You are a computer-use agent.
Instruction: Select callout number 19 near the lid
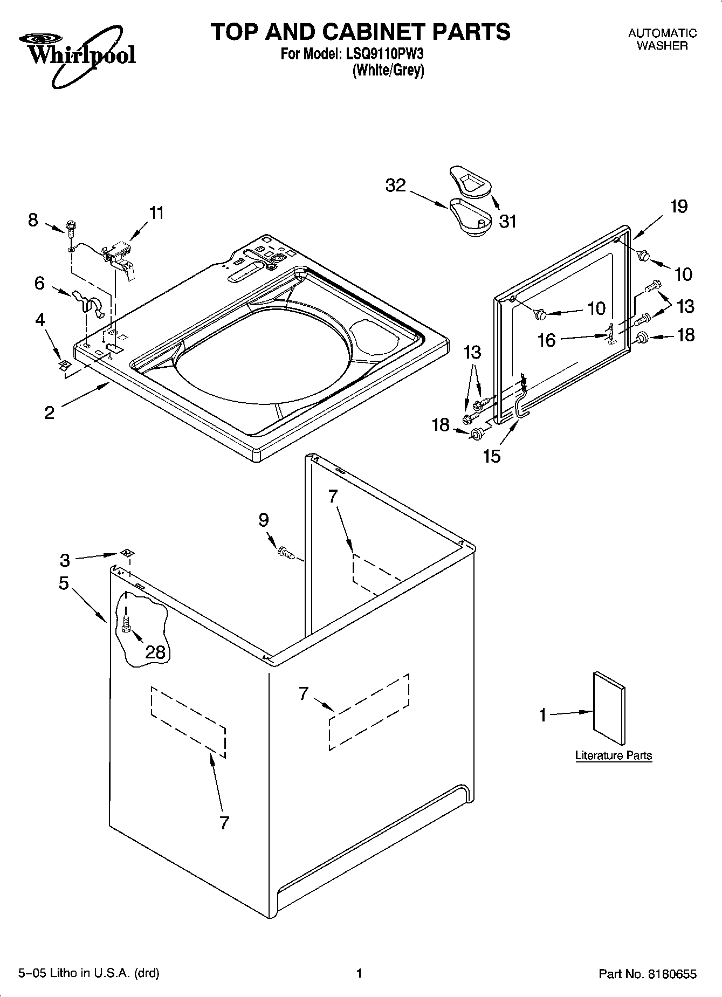(679, 207)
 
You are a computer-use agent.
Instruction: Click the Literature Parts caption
(613, 755)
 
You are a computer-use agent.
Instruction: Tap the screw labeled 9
(284, 553)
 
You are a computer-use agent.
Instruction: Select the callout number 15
(492, 456)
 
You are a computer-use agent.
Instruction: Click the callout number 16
(546, 340)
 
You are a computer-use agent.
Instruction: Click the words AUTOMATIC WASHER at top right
(662, 39)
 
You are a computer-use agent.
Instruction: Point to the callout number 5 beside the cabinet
(64, 583)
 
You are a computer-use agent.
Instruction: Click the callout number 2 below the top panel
(49, 412)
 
